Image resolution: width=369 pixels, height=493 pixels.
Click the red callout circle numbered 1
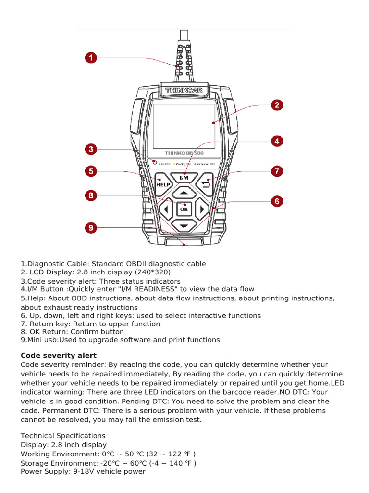(x=91, y=58)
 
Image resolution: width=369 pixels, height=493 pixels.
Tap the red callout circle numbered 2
(x=277, y=105)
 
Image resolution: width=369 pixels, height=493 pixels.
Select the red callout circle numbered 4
(x=277, y=141)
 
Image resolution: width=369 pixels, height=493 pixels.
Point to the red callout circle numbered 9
(x=91, y=227)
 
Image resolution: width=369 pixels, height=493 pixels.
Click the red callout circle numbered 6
(x=277, y=201)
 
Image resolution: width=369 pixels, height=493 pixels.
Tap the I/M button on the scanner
(x=184, y=178)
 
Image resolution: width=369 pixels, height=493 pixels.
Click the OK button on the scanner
(x=184, y=209)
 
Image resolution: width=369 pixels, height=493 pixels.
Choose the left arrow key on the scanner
(x=166, y=209)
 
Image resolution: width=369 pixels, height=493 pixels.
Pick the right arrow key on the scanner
(x=202, y=209)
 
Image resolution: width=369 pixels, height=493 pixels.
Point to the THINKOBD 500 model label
(x=184, y=153)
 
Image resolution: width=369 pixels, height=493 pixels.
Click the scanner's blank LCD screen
(x=184, y=125)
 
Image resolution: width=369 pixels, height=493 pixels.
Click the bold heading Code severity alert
(x=59, y=356)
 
